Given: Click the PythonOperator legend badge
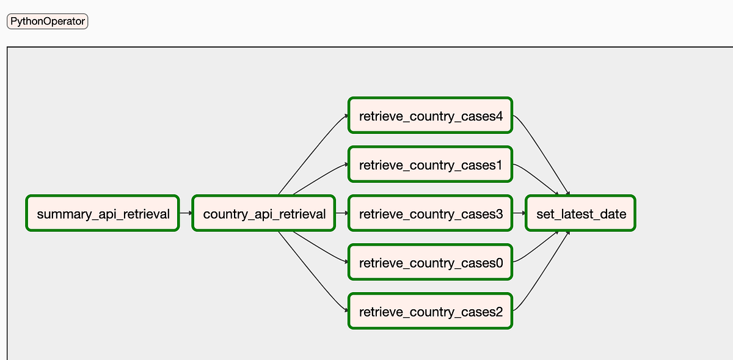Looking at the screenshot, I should [47, 21].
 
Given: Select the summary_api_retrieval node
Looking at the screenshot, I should [103, 213].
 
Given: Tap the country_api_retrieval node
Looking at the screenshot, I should [263, 213].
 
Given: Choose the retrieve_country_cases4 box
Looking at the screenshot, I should [430, 116].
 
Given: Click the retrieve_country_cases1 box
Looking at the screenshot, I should [430, 164].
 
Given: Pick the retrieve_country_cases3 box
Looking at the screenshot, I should [430, 213].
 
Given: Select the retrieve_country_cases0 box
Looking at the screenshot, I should [430, 262].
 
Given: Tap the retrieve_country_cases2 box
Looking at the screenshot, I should [430, 311].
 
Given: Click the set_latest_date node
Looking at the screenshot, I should [580, 213].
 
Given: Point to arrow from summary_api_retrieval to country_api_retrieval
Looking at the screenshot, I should [186, 213].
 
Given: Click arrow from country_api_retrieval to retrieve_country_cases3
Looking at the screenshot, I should [341, 213].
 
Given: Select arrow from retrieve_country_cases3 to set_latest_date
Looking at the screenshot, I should [519, 213].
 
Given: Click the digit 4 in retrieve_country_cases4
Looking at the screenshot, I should [499, 116].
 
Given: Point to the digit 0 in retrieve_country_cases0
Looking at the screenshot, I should [499, 263].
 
